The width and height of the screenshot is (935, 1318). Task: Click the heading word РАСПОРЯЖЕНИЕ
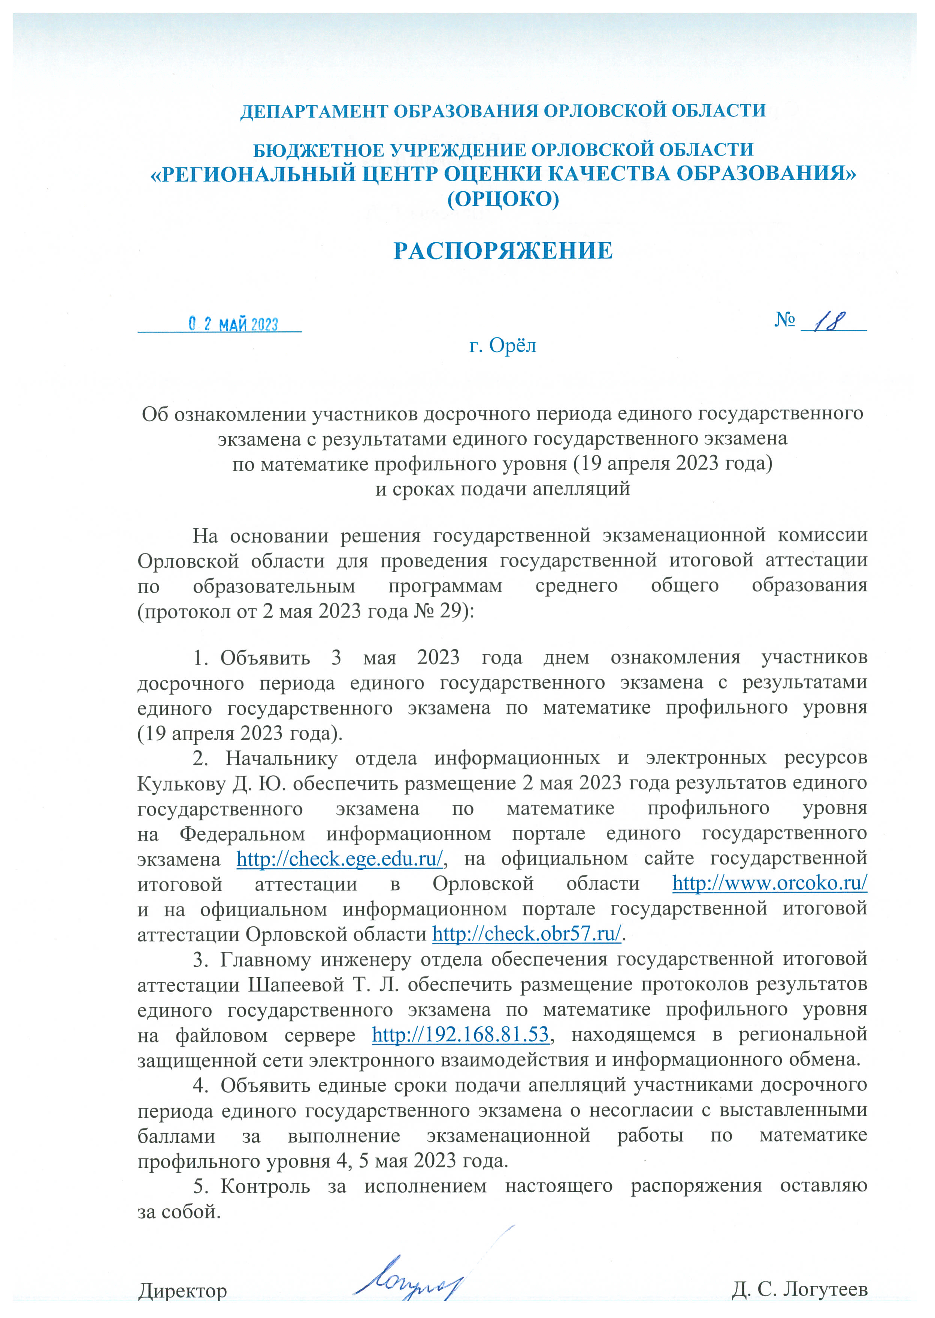tap(503, 251)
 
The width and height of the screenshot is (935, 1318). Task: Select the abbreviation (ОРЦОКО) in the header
tap(503, 199)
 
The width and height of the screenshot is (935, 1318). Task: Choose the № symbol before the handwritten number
tap(785, 319)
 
